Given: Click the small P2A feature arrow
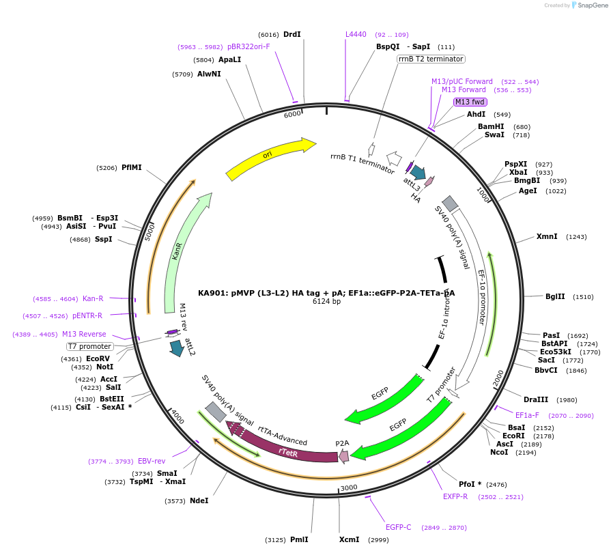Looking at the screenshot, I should [x=343, y=455].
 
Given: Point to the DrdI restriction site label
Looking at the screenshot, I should [x=292, y=34].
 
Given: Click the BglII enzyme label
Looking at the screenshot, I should [x=555, y=297].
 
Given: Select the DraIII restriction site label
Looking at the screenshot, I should [x=536, y=399].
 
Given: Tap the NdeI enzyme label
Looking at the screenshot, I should [x=199, y=500].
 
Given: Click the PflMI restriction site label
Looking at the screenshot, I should [x=131, y=167].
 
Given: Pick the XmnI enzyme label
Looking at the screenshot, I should [x=547, y=237].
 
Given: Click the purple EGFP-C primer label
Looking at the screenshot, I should [x=398, y=527].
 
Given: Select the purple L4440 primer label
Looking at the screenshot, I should [x=356, y=34].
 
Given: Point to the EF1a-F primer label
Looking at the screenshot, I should [x=527, y=415].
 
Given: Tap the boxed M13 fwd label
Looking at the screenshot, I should [x=470, y=102].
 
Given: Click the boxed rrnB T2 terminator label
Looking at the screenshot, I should [x=431, y=59].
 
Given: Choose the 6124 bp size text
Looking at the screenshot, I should [x=326, y=301].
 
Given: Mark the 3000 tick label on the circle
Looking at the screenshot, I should [x=349, y=487].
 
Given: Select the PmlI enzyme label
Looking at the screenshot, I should [x=299, y=539].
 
